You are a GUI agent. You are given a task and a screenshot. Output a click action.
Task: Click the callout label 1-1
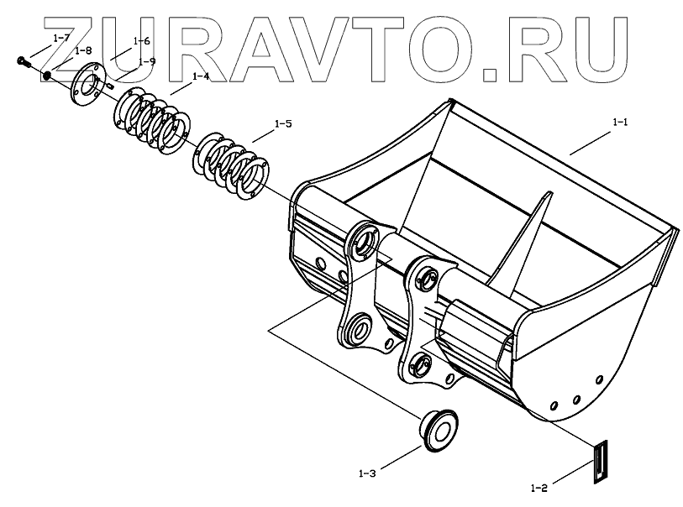620,123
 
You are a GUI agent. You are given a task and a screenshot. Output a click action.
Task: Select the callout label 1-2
539,487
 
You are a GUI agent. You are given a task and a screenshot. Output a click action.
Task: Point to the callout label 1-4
200,76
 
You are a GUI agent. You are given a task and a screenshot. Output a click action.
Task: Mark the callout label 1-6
141,40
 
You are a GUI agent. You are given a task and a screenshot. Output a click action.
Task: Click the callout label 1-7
61,38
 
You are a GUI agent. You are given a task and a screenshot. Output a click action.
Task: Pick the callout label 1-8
82,50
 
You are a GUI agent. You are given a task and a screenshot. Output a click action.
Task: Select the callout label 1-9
147,61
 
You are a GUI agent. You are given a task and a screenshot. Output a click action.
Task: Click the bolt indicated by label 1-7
23,60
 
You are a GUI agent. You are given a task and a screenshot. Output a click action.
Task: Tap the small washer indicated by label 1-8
48,76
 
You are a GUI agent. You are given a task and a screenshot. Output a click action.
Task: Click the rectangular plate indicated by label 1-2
597,463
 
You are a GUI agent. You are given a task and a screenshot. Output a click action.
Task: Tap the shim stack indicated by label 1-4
151,122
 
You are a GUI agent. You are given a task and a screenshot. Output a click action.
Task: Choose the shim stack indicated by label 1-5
232,164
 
